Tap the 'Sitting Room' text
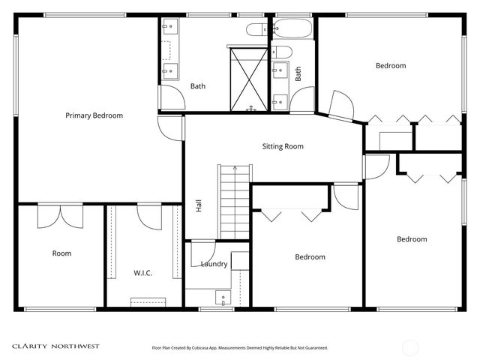coord(283,146)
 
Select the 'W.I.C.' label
coord(142,273)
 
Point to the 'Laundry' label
coord(214,264)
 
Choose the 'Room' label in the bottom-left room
coord(61,253)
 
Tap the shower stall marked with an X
coord(248,79)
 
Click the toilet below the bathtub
coord(282,51)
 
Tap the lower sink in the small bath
coord(280,101)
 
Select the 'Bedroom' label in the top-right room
coord(390,66)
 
